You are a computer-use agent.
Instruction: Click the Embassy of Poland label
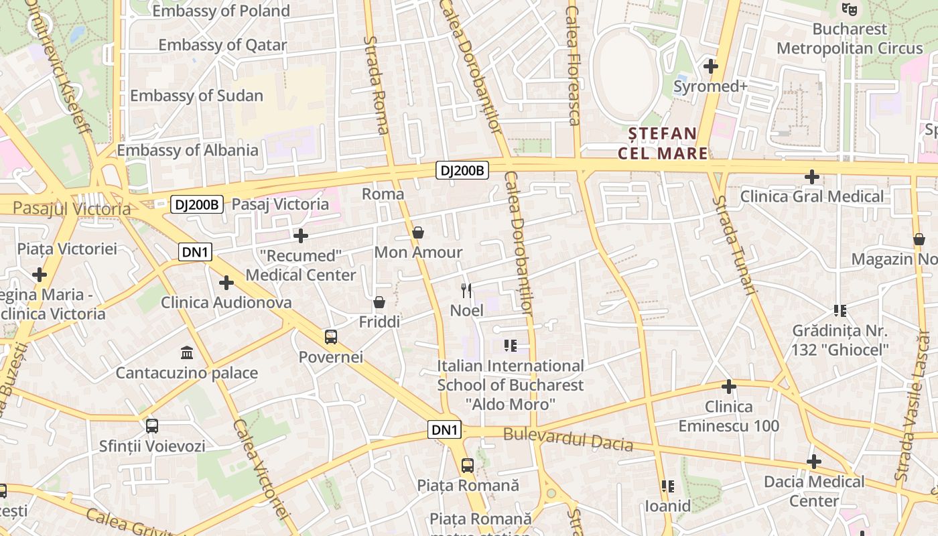(221, 11)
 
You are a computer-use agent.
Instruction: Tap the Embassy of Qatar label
(222, 45)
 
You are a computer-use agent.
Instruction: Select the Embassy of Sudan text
(196, 95)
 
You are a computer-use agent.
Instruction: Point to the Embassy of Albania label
(188, 149)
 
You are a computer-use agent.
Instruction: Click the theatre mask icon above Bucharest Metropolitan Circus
(850, 9)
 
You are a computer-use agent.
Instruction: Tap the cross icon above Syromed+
(711, 66)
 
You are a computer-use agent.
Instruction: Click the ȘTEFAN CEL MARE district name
(663, 143)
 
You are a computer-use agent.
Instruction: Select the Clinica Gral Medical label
(812, 196)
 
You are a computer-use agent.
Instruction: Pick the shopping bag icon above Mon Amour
(418, 232)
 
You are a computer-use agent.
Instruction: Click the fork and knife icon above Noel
(466, 290)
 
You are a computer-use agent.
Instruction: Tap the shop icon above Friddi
(379, 302)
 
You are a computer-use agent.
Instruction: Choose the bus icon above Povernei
(331, 336)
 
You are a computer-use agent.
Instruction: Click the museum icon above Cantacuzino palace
(187, 352)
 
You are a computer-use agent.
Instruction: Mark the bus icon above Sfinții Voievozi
(152, 425)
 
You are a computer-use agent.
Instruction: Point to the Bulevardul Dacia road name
(568, 439)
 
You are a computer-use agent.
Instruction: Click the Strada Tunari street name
(734, 245)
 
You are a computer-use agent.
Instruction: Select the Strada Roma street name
(375, 84)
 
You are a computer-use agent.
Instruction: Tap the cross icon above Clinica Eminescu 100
(729, 387)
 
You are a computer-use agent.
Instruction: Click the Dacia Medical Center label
(814, 491)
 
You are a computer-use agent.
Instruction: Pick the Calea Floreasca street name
(573, 64)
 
